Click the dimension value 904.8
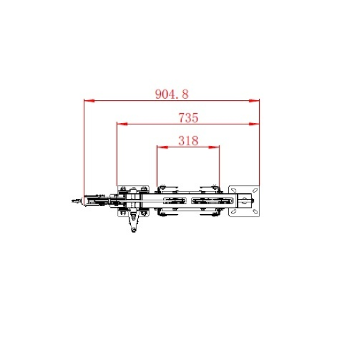coord(171,94)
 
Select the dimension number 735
coord(189,118)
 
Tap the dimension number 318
coord(189,141)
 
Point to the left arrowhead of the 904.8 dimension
coord(89,101)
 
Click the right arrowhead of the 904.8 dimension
coord(254,101)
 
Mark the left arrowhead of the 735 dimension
coord(122,124)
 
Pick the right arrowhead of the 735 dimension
coord(254,124)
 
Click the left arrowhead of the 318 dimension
coord(162,147)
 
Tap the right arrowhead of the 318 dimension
coord(214,147)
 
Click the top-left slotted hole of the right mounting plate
coord(234,190)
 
